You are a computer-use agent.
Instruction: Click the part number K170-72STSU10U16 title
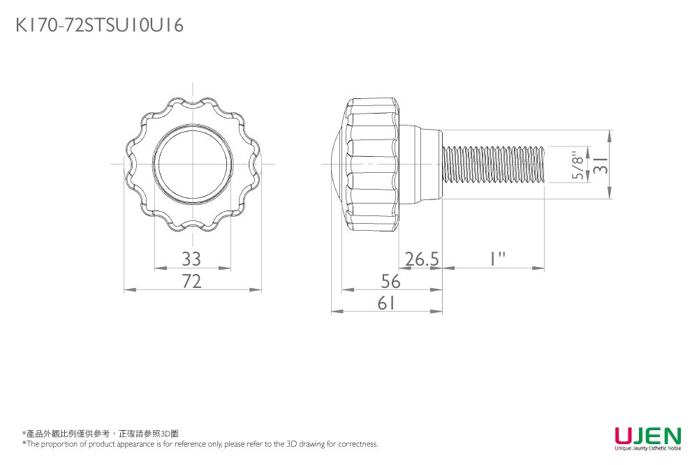point(100,26)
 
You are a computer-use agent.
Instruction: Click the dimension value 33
point(191,259)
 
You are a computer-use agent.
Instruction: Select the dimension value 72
point(191,281)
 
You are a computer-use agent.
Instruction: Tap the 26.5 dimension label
point(422,259)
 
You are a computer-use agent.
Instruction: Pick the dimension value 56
point(391,281)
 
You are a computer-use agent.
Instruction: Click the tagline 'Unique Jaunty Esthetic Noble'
point(647,448)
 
